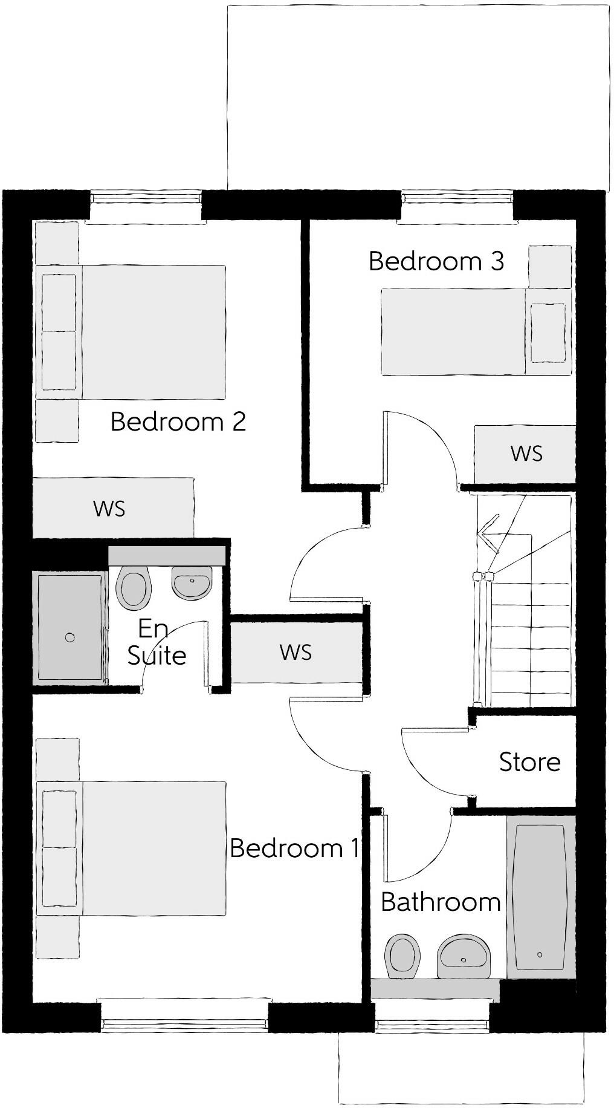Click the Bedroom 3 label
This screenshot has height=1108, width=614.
[436, 261]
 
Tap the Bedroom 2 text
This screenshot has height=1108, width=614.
[178, 422]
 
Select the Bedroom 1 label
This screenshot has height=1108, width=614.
[294, 848]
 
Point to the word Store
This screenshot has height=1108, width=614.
[529, 762]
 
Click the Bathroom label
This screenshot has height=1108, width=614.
[441, 902]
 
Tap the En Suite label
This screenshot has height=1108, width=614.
[156, 642]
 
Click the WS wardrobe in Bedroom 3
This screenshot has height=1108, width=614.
[525, 454]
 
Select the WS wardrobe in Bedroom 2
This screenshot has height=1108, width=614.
[113, 508]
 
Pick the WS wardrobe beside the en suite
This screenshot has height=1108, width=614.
[296, 653]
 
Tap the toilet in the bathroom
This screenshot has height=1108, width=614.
[402, 955]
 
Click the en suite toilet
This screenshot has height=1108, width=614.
[134, 588]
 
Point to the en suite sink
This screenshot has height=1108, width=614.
[192, 582]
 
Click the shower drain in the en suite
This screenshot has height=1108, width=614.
[70, 637]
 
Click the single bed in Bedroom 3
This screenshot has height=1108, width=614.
[476, 331]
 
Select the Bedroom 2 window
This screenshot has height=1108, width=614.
[145, 200]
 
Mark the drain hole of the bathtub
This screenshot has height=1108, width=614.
[540, 954]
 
